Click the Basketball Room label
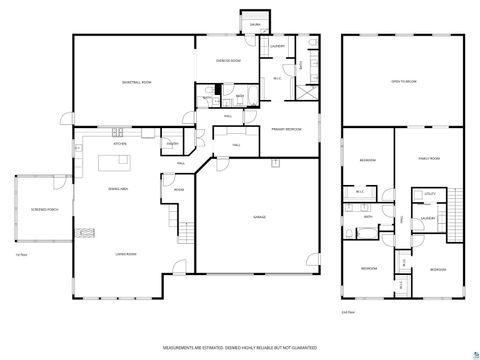pos(136,82)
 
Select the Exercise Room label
pos(230,61)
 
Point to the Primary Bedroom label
pos(286,129)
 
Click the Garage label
pos(258,218)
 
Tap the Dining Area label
pos(118,187)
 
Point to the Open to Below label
pos(403,82)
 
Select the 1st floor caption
pos(21,255)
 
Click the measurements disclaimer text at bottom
pos(239,348)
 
